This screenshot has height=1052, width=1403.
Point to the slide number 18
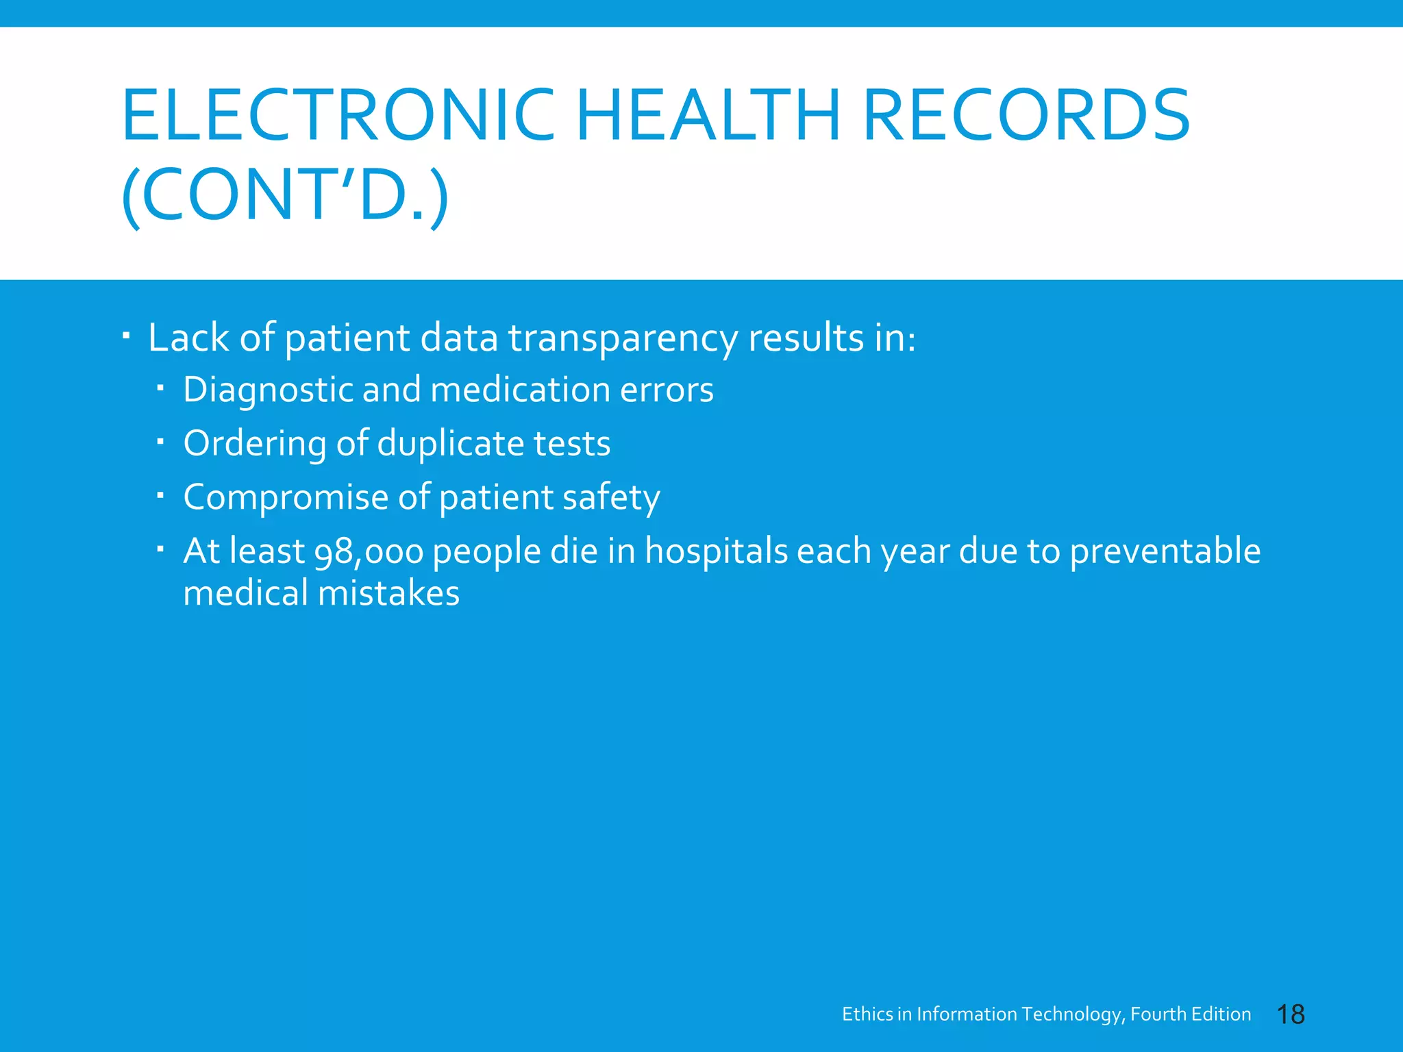[x=1291, y=1014]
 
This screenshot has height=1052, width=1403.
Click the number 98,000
[x=369, y=552]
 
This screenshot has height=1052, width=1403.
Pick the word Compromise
[x=285, y=498]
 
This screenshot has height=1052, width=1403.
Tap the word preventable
[x=1164, y=551]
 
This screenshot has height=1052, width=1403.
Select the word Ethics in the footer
[x=867, y=1014]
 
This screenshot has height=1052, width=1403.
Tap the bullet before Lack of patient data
[x=126, y=336]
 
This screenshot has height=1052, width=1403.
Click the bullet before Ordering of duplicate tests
[x=160, y=442]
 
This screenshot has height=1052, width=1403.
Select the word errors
[x=667, y=390]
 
